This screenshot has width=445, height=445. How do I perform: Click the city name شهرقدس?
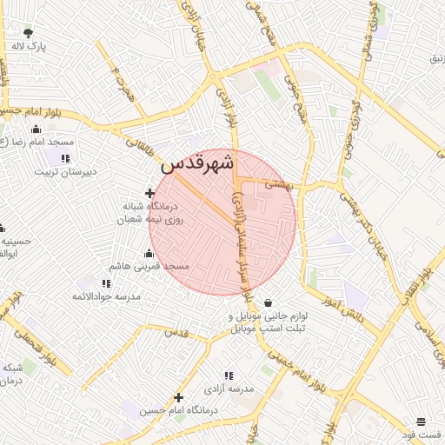196,163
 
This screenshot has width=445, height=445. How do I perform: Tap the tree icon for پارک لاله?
29,33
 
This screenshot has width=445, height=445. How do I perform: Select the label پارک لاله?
29,46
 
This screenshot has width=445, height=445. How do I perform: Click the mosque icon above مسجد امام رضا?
36,129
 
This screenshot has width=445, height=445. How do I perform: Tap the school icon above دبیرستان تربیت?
64,158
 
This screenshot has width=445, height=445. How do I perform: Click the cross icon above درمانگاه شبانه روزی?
149,193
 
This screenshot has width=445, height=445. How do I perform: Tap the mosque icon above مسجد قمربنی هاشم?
149,253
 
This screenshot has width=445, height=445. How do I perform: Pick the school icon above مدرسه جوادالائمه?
106,283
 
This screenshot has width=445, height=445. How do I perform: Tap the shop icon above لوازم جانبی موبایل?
267,302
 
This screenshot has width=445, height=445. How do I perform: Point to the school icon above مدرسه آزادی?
229,376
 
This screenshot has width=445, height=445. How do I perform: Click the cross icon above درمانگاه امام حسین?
179,397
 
